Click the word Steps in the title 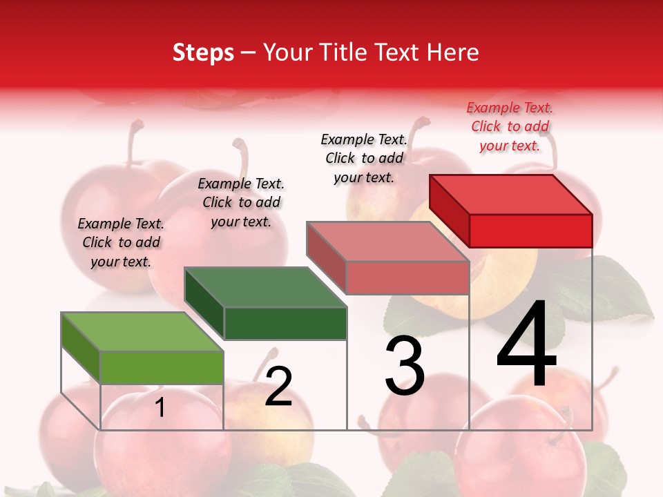click(203, 52)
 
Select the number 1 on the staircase click(160, 408)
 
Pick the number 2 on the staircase click(278, 387)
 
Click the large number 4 click(526, 344)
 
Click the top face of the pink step click(387, 241)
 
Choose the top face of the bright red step click(510, 194)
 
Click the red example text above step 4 click(510, 127)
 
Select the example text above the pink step click(364, 158)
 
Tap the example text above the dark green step click(241, 202)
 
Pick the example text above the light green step click(121, 242)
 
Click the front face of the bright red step click(530, 231)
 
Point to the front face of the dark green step click(285, 323)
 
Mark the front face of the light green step click(162, 367)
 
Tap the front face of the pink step click(407, 277)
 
